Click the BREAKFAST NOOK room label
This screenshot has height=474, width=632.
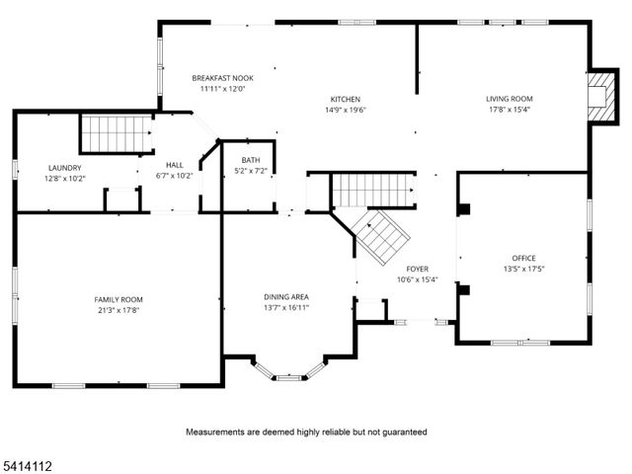222,77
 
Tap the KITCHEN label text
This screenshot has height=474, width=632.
345,99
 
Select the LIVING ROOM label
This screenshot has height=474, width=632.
509,99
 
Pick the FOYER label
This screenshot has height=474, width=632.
417,269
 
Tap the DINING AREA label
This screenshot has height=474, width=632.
286,296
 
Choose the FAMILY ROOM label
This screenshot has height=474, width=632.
118,299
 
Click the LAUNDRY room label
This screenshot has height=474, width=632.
64,168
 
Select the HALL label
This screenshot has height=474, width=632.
174,165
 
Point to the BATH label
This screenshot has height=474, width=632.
250,160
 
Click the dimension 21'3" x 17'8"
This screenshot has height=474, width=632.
118,310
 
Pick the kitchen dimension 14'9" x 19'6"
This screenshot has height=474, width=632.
345,110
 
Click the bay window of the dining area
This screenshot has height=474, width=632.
289,373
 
